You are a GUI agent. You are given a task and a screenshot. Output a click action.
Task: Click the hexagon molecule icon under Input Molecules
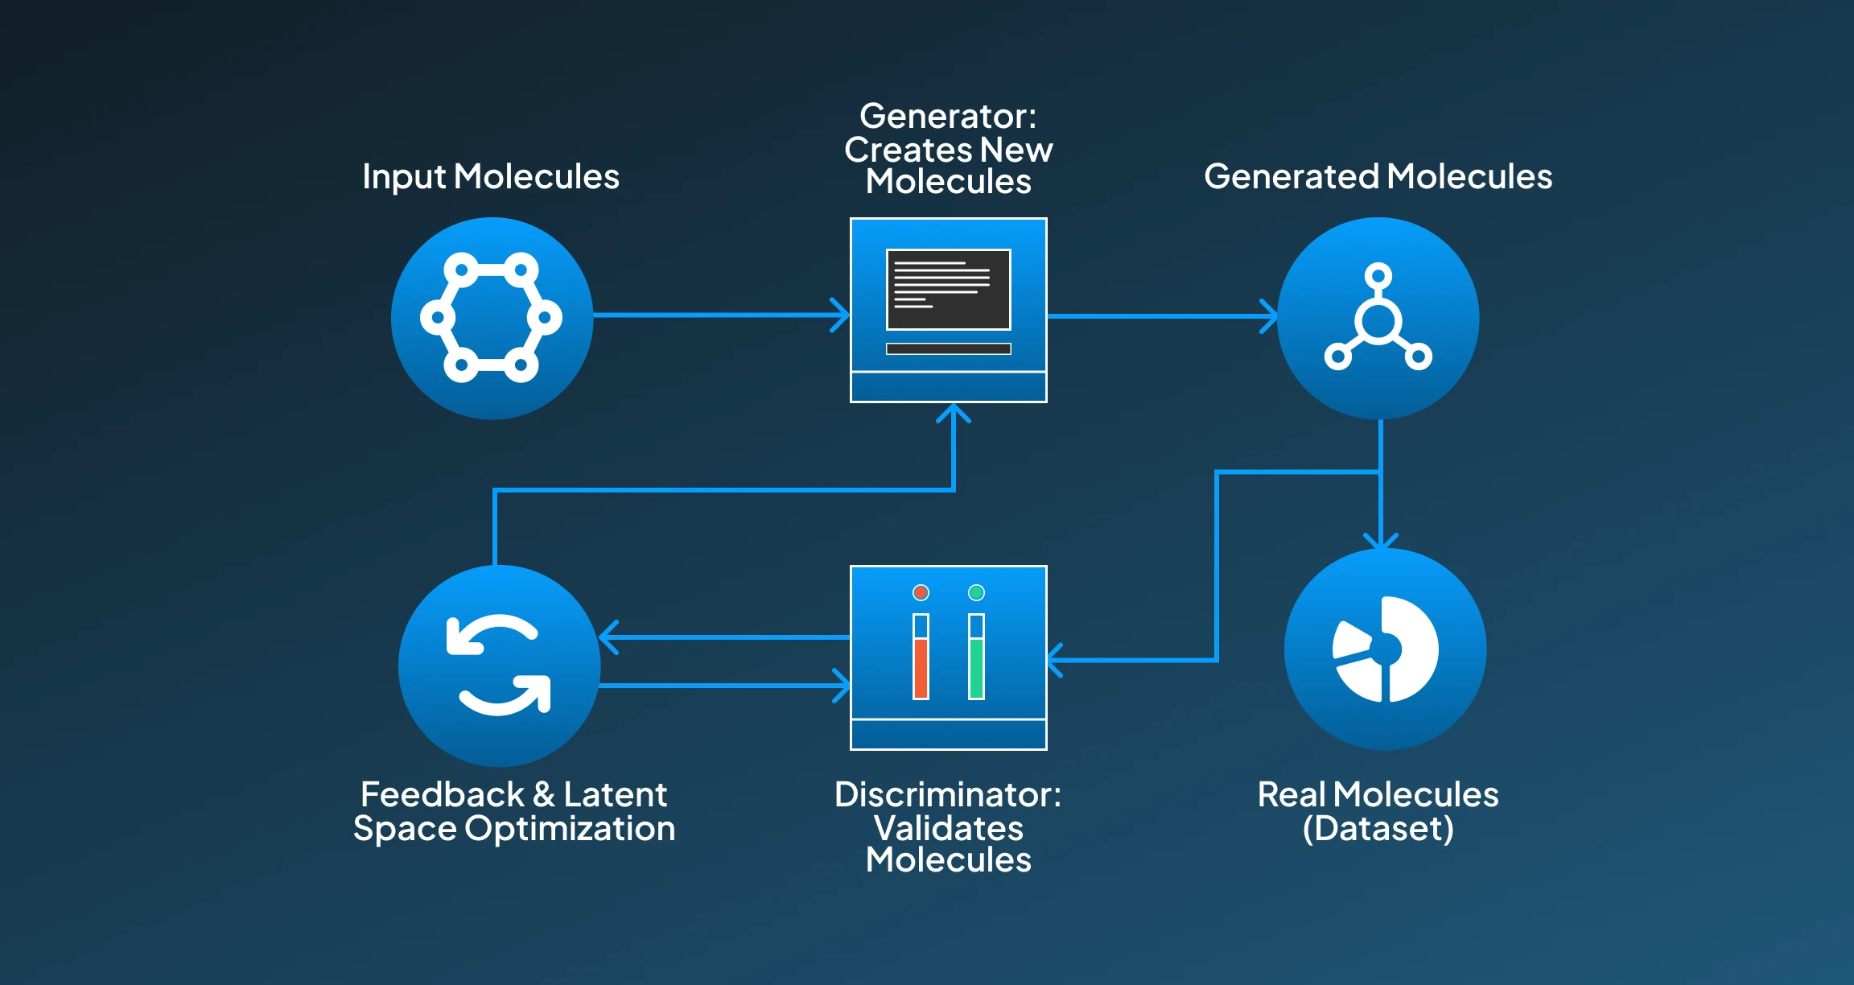click(x=491, y=317)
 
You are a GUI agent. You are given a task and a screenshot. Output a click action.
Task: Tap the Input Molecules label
click(x=491, y=176)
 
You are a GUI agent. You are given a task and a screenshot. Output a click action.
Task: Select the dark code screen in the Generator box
click(x=948, y=289)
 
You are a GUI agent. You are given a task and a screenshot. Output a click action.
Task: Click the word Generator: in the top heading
click(x=948, y=116)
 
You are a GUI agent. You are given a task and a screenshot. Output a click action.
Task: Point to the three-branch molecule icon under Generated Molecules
click(x=1378, y=319)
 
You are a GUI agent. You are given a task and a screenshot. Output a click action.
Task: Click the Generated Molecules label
click(x=1378, y=176)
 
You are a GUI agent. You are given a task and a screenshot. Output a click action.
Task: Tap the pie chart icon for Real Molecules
click(x=1385, y=649)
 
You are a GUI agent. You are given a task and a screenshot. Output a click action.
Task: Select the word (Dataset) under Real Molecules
click(x=1378, y=828)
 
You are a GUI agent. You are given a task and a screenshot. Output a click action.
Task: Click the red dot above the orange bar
click(x=921, y=592)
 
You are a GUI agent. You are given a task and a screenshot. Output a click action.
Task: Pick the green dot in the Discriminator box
click(x=976, y=592)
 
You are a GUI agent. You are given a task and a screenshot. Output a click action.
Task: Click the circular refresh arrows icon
click(x=499, y=665)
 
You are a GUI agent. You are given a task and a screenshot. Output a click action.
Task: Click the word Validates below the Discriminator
click(x=948, y=828)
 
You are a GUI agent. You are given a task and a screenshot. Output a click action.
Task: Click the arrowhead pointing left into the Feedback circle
click(x=608, y=637)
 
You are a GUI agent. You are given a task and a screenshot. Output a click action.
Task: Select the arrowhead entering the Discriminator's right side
click(x=1054, y=661)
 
